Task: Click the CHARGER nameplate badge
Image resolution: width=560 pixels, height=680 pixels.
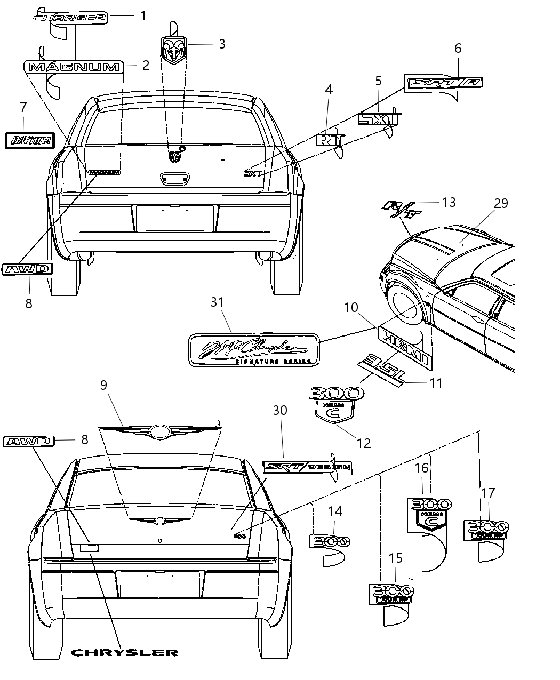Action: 69,18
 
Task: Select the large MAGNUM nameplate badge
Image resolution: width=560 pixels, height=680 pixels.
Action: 74,67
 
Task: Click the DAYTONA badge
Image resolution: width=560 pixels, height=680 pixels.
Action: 30,140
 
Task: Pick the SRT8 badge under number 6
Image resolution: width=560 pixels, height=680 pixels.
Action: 444,83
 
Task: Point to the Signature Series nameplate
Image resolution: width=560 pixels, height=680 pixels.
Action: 254,350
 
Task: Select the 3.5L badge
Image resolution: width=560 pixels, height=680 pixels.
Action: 381,369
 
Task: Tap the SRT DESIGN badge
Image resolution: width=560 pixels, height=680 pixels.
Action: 308,467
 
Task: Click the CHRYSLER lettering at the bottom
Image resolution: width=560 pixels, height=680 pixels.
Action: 125,652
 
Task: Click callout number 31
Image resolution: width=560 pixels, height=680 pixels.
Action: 217,302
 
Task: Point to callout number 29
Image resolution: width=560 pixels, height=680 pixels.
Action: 501,203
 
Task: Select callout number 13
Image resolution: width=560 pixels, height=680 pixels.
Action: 449,202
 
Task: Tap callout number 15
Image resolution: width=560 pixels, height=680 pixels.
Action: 395,558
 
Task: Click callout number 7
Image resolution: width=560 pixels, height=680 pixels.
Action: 22,107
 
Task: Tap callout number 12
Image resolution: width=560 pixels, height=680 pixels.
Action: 364,443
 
